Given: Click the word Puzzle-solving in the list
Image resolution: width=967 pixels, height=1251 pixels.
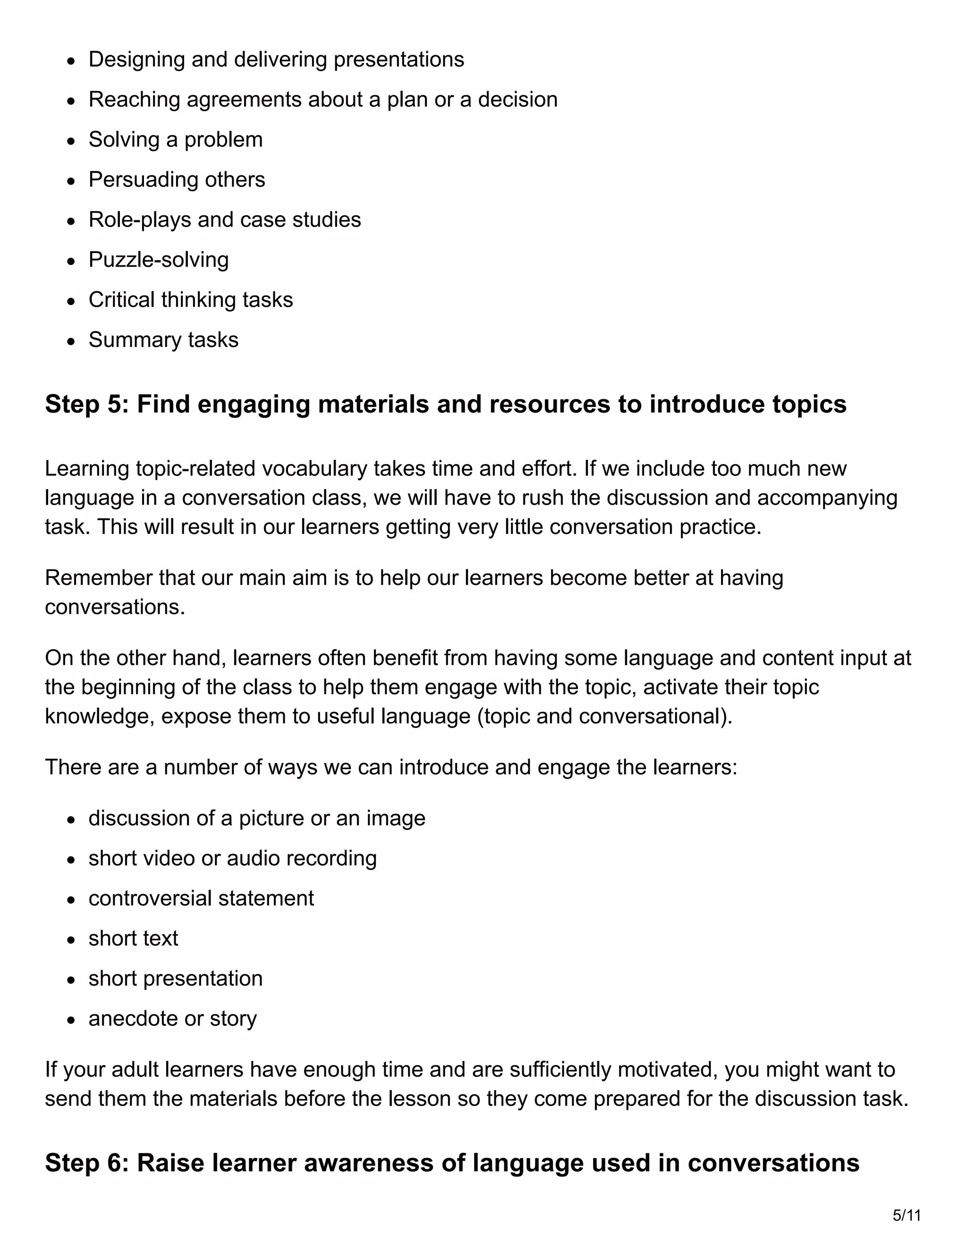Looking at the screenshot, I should [158, 260].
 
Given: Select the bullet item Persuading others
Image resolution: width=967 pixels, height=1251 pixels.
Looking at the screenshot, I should [177, 180].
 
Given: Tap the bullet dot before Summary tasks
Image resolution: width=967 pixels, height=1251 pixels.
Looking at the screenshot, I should [71, 341].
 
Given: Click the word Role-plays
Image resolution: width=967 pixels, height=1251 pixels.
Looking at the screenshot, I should [139, 220].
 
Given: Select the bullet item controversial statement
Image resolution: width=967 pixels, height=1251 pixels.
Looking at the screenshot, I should [201, 898].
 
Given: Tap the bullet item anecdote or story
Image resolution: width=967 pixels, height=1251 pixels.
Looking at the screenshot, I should [172, 1018].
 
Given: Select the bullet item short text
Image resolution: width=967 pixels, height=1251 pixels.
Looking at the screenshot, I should [133, 938].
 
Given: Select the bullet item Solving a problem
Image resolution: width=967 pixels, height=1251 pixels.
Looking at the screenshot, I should [175, 140].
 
